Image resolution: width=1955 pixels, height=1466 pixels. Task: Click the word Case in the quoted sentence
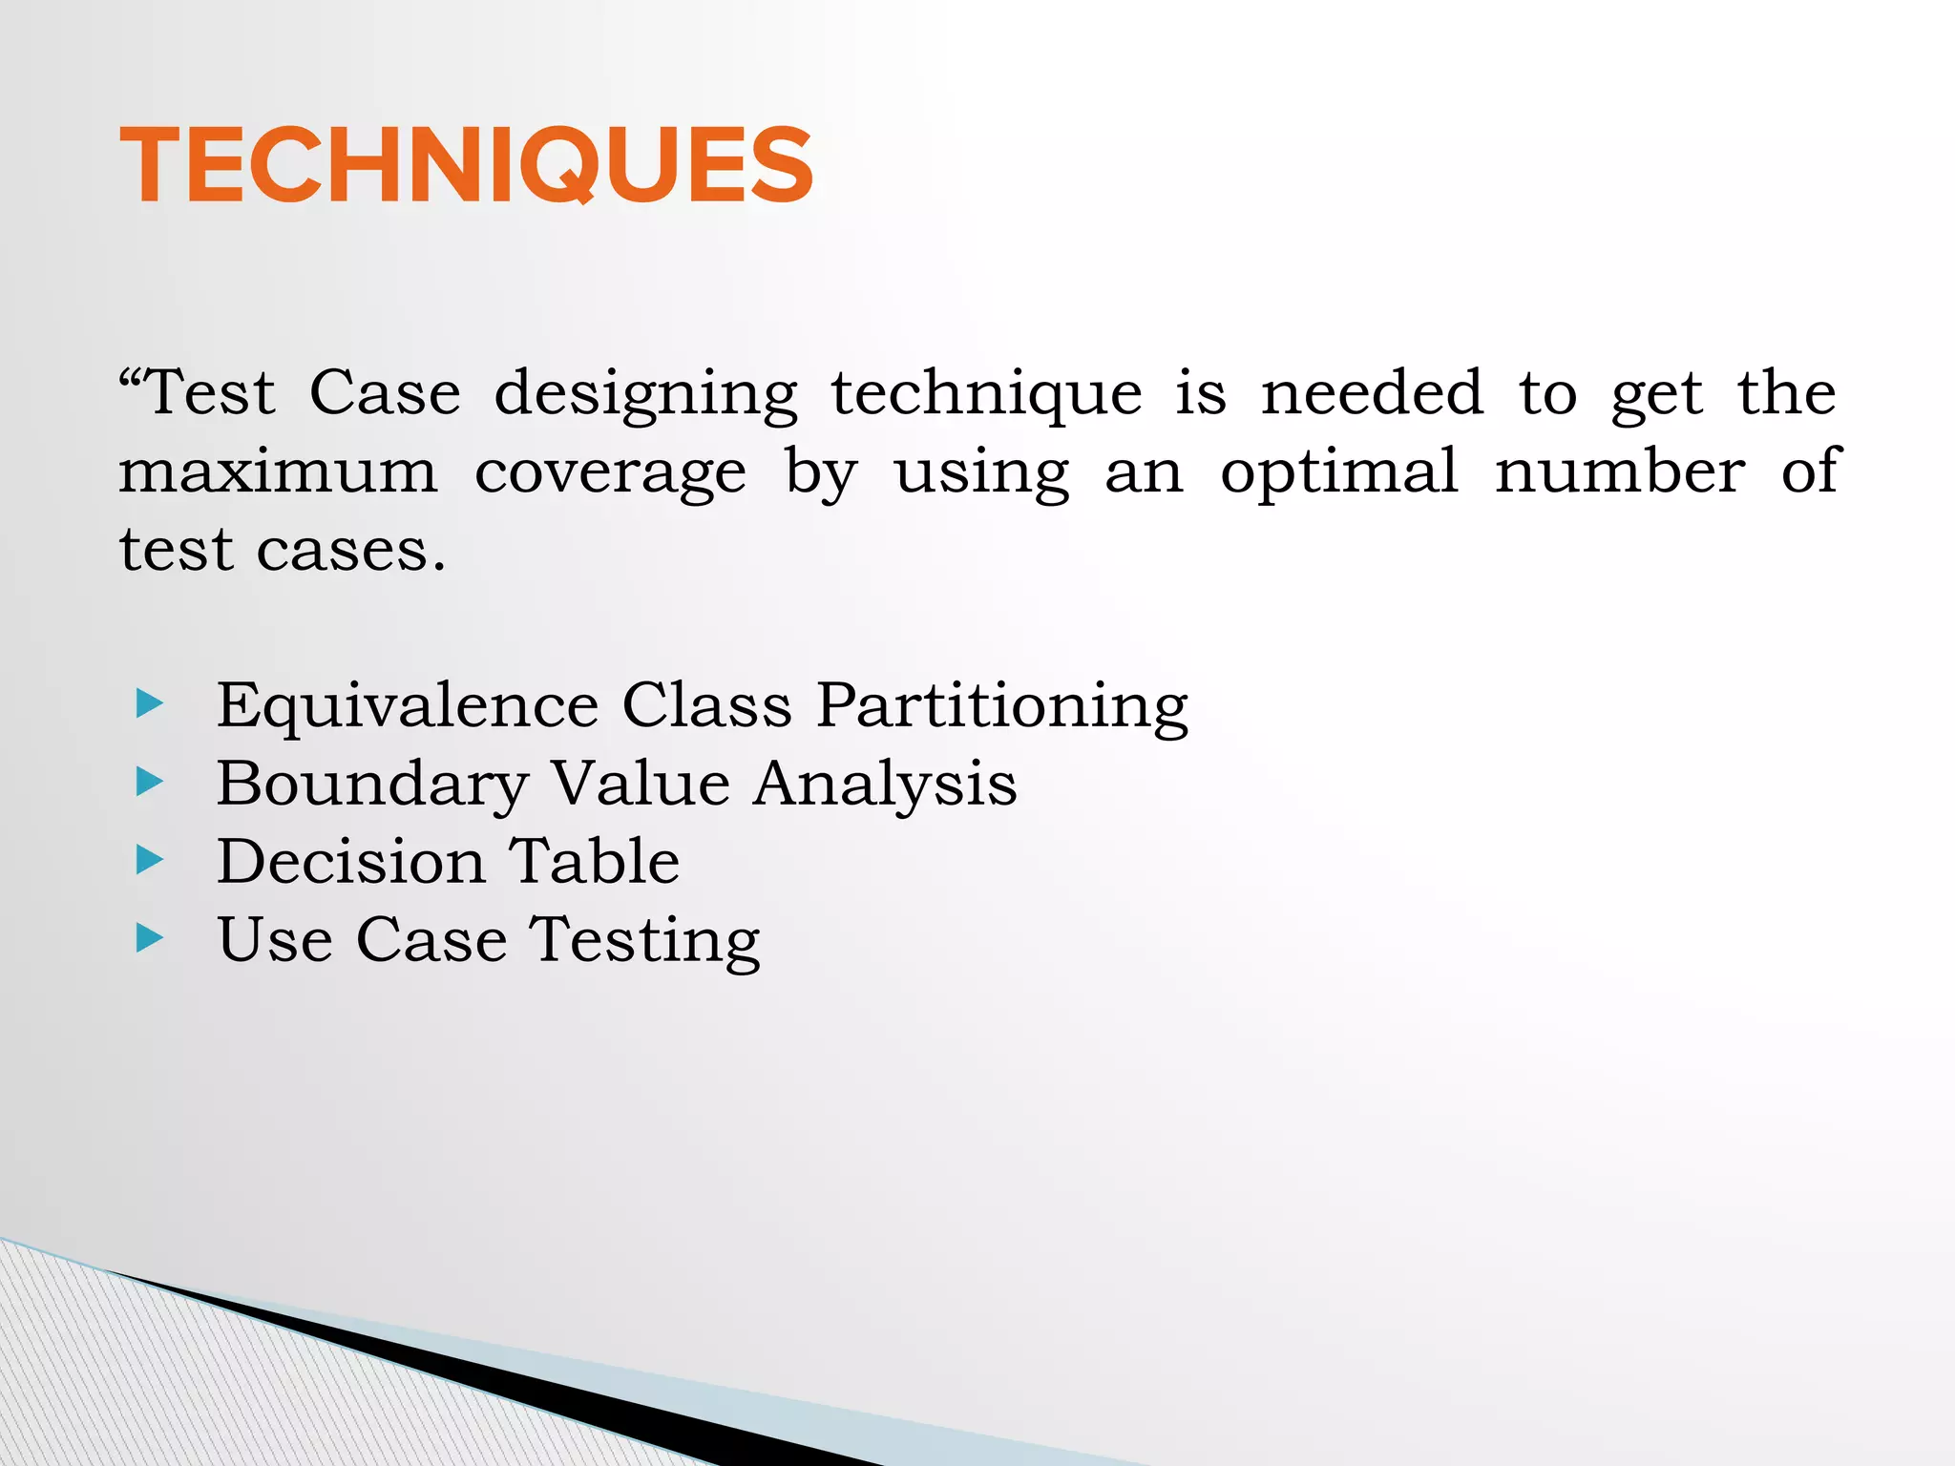[x=385, y=392]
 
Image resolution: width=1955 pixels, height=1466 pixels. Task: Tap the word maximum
[x=278, y=471]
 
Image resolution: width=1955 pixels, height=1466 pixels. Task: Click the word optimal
[x=1339, y=471]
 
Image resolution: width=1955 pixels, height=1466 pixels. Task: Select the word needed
[x=1372, y=392]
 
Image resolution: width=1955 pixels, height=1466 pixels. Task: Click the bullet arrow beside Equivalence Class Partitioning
[x=150, y=704]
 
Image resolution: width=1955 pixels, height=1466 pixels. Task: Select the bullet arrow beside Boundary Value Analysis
[x=150, y=783]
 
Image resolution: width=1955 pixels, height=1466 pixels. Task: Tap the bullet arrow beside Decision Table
[x=150, y=861]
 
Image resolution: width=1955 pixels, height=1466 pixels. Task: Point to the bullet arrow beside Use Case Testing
[x=150, y=938]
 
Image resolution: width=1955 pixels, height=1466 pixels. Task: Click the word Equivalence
[x=408, y=706]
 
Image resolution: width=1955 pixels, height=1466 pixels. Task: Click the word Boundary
[x=372, y=785]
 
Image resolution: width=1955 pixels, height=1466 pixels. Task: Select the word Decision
[x=350, y=862]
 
